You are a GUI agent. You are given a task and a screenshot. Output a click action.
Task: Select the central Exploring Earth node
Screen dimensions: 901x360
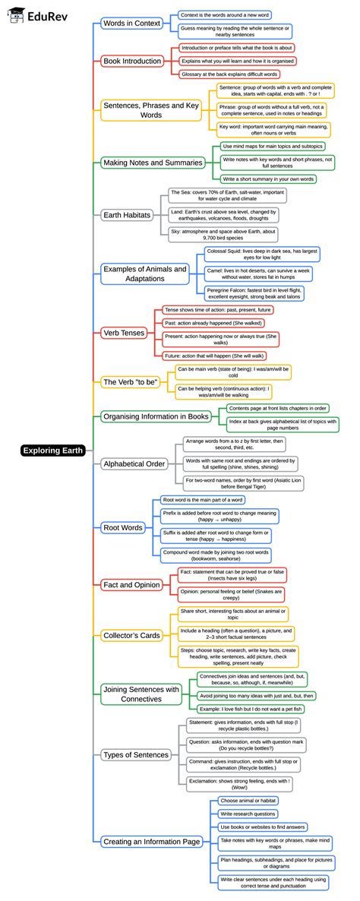click(x=52, y=450)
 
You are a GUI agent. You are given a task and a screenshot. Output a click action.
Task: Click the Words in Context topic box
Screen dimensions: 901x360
click(x=131, y=24)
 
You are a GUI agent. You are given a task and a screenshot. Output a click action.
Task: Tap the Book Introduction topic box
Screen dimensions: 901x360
click(x=131, y=61)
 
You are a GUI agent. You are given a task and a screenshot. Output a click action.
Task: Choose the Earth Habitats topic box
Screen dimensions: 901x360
click(x=127, y=215)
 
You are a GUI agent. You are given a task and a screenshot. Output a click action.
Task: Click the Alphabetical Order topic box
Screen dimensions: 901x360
click(x=134, y=463)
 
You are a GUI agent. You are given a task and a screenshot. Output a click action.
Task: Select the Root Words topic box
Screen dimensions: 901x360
click(x=122, y=527)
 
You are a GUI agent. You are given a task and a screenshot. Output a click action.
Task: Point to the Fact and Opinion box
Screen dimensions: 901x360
click(x=131, y=584)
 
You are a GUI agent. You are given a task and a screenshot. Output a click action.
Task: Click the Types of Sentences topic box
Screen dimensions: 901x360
click(x=136, y=754)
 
